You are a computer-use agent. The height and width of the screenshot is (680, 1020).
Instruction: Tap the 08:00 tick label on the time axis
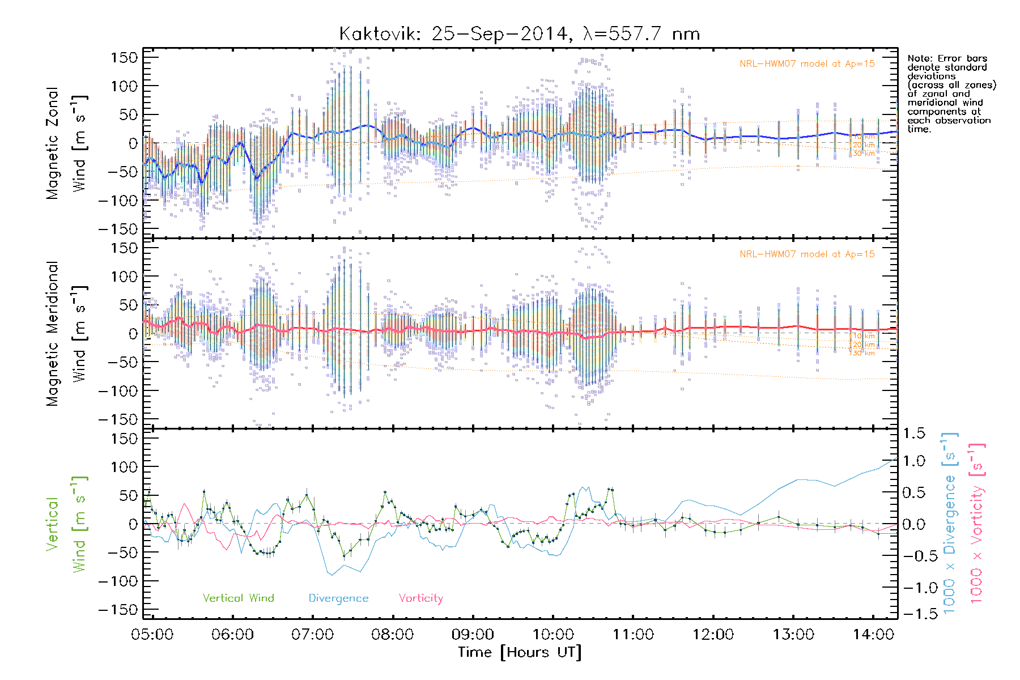pyautogui.click(x=392, y=634)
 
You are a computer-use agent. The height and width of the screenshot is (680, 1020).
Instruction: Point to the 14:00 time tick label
pyautogui.click(x=873, y=634)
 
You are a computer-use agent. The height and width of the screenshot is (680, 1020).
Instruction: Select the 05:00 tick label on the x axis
pyautogui.click(x=152, y=634)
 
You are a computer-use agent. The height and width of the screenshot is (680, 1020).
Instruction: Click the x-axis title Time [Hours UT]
pyautogui.click(x=519, y=652)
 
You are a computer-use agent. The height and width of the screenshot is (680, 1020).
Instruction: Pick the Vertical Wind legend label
pyautogui.click(x=238, y=598)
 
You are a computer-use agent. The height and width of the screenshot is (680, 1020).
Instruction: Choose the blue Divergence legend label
pyautogui.click(x=338, y=598)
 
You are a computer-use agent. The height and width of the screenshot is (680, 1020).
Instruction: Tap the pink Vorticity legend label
pyautogui.click(x=420, y=598)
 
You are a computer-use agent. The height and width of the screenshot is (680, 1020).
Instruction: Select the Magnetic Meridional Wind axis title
pyautogui.click(x=67, y=334)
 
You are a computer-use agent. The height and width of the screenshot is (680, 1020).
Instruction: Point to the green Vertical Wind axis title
pyautogui.click(x=67, y=524)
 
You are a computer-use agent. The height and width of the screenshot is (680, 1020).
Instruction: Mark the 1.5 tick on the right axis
pyautogui.click(x=913, y=433)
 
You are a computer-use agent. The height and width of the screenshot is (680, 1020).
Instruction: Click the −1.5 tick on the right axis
pyautogui.click(x=913, y=613)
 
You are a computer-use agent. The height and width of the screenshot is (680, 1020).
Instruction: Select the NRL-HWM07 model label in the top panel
pyautogui.click(x=807, y=63)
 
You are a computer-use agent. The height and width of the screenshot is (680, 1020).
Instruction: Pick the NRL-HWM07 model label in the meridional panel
pyautogui.click(x=807, y=254)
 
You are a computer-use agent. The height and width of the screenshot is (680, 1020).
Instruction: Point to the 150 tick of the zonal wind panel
pyautogui.click(x=124, y=57)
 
